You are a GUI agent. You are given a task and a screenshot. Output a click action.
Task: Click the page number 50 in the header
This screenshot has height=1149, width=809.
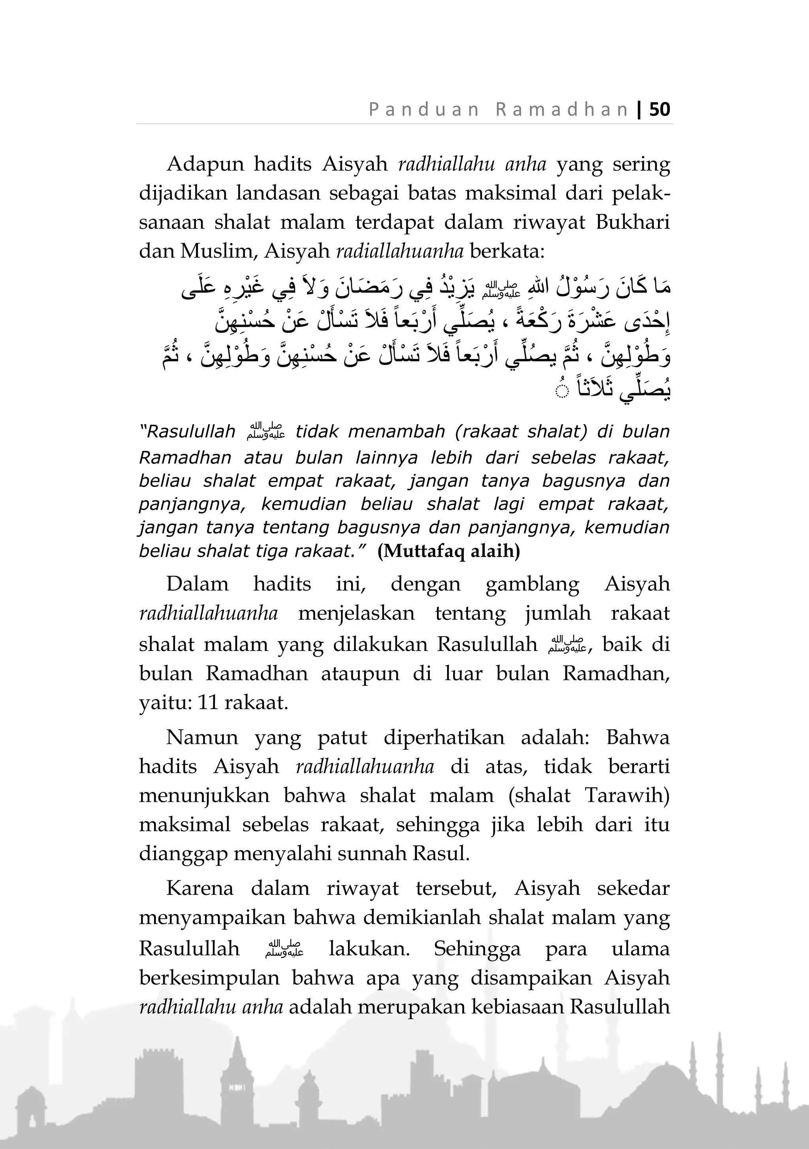(x=660, y=109)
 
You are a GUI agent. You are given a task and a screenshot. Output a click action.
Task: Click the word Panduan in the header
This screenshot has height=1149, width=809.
(x=424, y=109)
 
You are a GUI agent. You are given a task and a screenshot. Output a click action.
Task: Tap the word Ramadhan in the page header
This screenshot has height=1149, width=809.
(x=562, y=109)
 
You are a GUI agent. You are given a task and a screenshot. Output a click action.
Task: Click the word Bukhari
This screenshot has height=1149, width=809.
(x=632, y=222)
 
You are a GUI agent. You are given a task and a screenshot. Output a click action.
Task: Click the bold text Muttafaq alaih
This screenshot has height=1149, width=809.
(x=448, y=551)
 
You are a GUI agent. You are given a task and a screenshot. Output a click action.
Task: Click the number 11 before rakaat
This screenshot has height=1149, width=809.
(x=209, y=703)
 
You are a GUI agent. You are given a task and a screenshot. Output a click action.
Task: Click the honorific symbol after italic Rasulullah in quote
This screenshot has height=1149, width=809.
(x=265, y=432)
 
